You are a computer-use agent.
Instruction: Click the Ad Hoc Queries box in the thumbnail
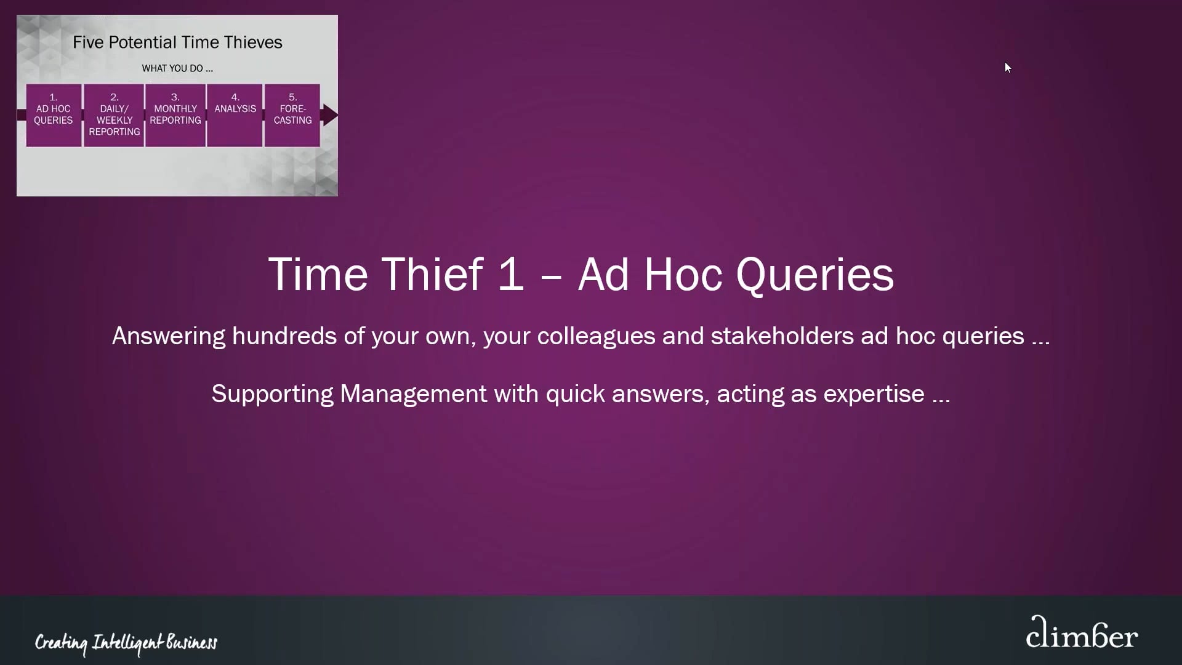(54, 115)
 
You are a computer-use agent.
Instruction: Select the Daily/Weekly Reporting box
(114, 115)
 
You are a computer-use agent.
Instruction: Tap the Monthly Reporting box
(175, 115)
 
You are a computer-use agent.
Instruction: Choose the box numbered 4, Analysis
(235, 115)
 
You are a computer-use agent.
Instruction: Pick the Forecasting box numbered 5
(292, 115)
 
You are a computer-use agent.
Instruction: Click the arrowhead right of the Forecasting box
(331, 115)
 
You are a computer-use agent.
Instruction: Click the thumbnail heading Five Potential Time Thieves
(177, 42)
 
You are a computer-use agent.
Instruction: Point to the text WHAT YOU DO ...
(177, 68)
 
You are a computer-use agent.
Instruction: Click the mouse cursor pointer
(1007, 67)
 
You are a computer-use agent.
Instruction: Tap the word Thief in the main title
(432, 275)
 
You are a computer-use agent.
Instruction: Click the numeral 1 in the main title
(510, 275)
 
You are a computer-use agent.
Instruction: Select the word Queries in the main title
(814, 275)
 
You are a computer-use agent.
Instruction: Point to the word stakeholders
(782, 336)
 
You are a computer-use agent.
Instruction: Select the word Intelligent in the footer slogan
(127, 643)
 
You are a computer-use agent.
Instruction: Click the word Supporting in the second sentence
(272, 394)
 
